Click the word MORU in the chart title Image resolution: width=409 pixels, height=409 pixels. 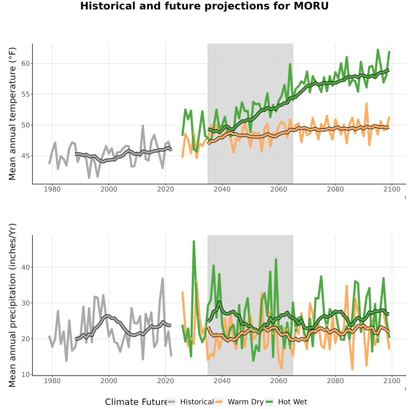pyautogui.click(x=311, y=6)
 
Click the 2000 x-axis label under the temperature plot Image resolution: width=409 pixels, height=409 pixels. pyautogui.click(x=109, y=189)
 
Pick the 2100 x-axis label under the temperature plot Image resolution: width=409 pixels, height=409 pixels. pyautogui.click(x=392, y=189)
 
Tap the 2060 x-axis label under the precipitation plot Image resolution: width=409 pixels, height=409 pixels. pyautogui.click(x=279, y=381)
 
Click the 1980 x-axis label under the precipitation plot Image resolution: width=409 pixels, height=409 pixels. pyautogui.click(x=52, y=381)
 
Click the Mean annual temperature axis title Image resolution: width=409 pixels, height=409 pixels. pyautogui.click(x=12, y=114)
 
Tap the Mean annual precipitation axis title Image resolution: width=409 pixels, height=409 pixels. pyautogui.click(x=12, y=305)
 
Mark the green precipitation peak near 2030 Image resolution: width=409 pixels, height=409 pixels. pyautogui.click(x=194, y=242)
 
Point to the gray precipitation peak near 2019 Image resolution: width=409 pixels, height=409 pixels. pyautogui.click(x=163, y=279)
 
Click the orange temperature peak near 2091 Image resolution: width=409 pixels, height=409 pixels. pyautogui.click(x=366, y=104)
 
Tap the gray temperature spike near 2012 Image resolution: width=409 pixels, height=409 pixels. pyautogui.click(x=143, y=126)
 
